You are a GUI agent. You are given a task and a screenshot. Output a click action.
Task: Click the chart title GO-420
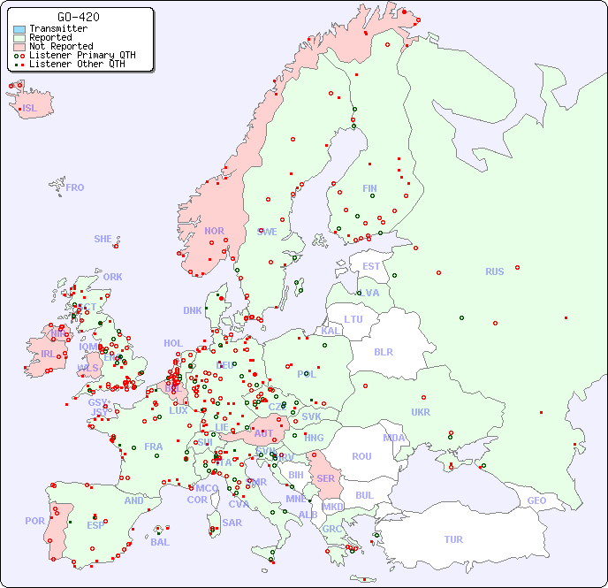click(x=78, y=17)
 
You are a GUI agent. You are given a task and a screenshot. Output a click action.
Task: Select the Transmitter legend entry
click(x=57, y=29)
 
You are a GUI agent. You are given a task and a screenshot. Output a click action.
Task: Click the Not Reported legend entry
click(x=60, y=47)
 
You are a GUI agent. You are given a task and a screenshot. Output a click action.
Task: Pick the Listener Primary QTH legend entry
click(x=82, y=55)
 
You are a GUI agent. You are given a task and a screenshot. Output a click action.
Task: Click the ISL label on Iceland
click(x=30, y=109)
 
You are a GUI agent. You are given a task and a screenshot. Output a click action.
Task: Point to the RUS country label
click(x=494, y=271)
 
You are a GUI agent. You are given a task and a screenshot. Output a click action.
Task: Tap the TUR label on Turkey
click(x=453, y=539)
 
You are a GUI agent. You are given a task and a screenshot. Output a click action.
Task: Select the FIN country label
click(x=369, y=188)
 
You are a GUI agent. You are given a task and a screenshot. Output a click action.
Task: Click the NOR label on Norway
click(x=214, y=231)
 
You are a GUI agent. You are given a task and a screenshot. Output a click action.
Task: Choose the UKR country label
click(x=421, y=412)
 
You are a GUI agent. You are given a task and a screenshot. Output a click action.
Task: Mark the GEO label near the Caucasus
click(x=536, y=500)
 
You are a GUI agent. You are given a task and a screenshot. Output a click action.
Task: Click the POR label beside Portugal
click(x=34, y=521)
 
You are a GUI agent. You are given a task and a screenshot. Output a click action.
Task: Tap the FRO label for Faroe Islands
click(x=75, y=187)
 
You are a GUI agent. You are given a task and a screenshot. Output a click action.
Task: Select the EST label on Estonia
click(x=371, y=266)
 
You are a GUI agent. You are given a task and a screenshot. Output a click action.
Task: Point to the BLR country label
click(x=383, y=351)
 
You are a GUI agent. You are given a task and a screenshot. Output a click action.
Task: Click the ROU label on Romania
click(x=361, y=456)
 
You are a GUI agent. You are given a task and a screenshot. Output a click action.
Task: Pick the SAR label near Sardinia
click(x=232, y=523)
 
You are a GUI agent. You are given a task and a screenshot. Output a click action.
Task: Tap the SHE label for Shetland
click(x=103, y=239)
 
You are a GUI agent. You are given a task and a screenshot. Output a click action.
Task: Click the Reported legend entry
click(x=50, y=38)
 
